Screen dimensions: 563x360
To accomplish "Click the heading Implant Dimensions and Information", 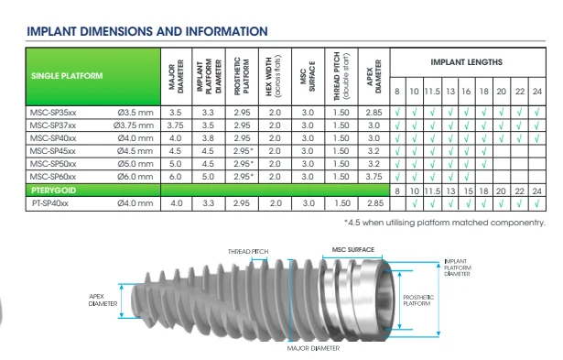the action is (147, 31).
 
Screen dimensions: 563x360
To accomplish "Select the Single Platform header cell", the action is (93, 77).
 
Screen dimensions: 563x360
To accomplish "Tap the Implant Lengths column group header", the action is (466, 62).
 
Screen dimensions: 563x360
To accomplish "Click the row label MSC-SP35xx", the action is (53, 113).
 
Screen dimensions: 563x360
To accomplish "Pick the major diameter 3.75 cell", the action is (175, 125).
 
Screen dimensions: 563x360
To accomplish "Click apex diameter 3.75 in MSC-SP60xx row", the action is (374, 177).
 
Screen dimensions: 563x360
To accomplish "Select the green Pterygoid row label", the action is (53, 191).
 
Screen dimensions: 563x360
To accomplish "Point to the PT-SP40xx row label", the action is (50, 203).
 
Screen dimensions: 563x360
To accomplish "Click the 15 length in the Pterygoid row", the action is (468, 191).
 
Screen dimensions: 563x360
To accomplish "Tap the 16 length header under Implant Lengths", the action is (466, 92).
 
